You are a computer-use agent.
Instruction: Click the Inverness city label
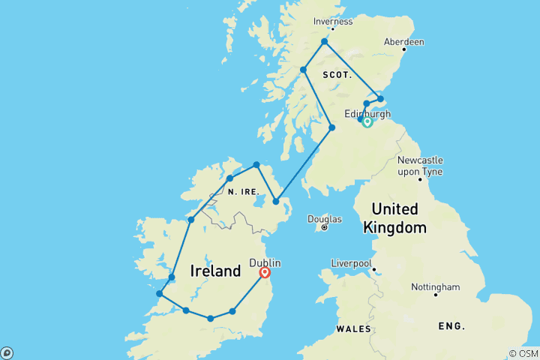coord(332,22)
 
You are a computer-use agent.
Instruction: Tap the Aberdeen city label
coord(403,42)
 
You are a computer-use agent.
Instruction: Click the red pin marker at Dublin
coord(265,273)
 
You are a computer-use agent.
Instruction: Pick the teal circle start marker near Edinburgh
coord(367,122)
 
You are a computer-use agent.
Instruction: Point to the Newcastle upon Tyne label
coord(420,166)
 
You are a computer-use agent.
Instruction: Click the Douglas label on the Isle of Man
coord(324,219)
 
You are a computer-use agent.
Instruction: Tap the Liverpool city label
coord(352,263)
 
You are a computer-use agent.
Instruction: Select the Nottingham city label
coord(435,286)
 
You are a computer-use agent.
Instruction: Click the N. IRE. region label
coord(244,191)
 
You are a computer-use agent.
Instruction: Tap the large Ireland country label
coord(215,271)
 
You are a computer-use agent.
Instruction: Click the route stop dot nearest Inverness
coord(324,42)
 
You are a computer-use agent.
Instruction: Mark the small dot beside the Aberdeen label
coord(403,50)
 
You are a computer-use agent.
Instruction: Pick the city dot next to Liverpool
coord(373,270)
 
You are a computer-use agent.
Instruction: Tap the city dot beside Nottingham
coord(435,295)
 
